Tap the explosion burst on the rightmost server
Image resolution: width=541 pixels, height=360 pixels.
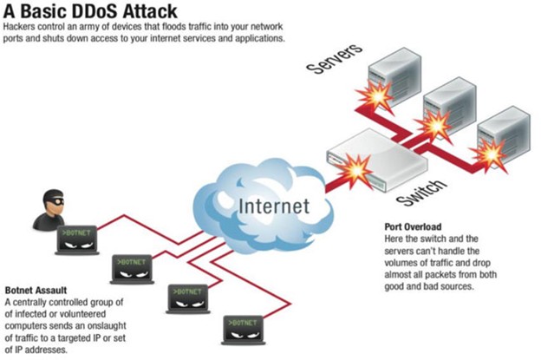click(x=492, y=155)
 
